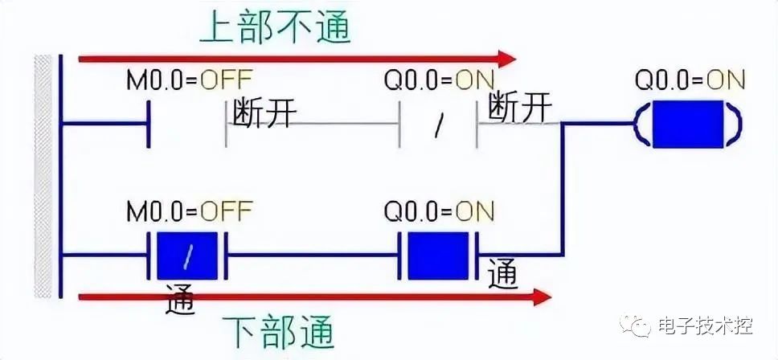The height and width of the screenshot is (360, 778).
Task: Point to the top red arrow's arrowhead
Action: (x=506, y=59)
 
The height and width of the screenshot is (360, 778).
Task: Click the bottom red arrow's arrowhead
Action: (x=543, y=297)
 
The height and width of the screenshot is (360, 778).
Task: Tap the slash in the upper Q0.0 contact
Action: (x=439, y=126)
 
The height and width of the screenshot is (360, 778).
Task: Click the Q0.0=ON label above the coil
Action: (x=690, y=80)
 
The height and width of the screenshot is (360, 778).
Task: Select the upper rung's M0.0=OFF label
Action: (x=189, y=80)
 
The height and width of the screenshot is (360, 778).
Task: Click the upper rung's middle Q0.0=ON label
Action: (x=439, y=80)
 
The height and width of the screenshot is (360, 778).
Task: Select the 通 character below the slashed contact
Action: (x=182, y=299)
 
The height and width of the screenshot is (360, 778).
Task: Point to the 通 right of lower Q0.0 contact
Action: (x=502, y=274)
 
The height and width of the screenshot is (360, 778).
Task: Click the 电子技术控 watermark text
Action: (x=704, y=327)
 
